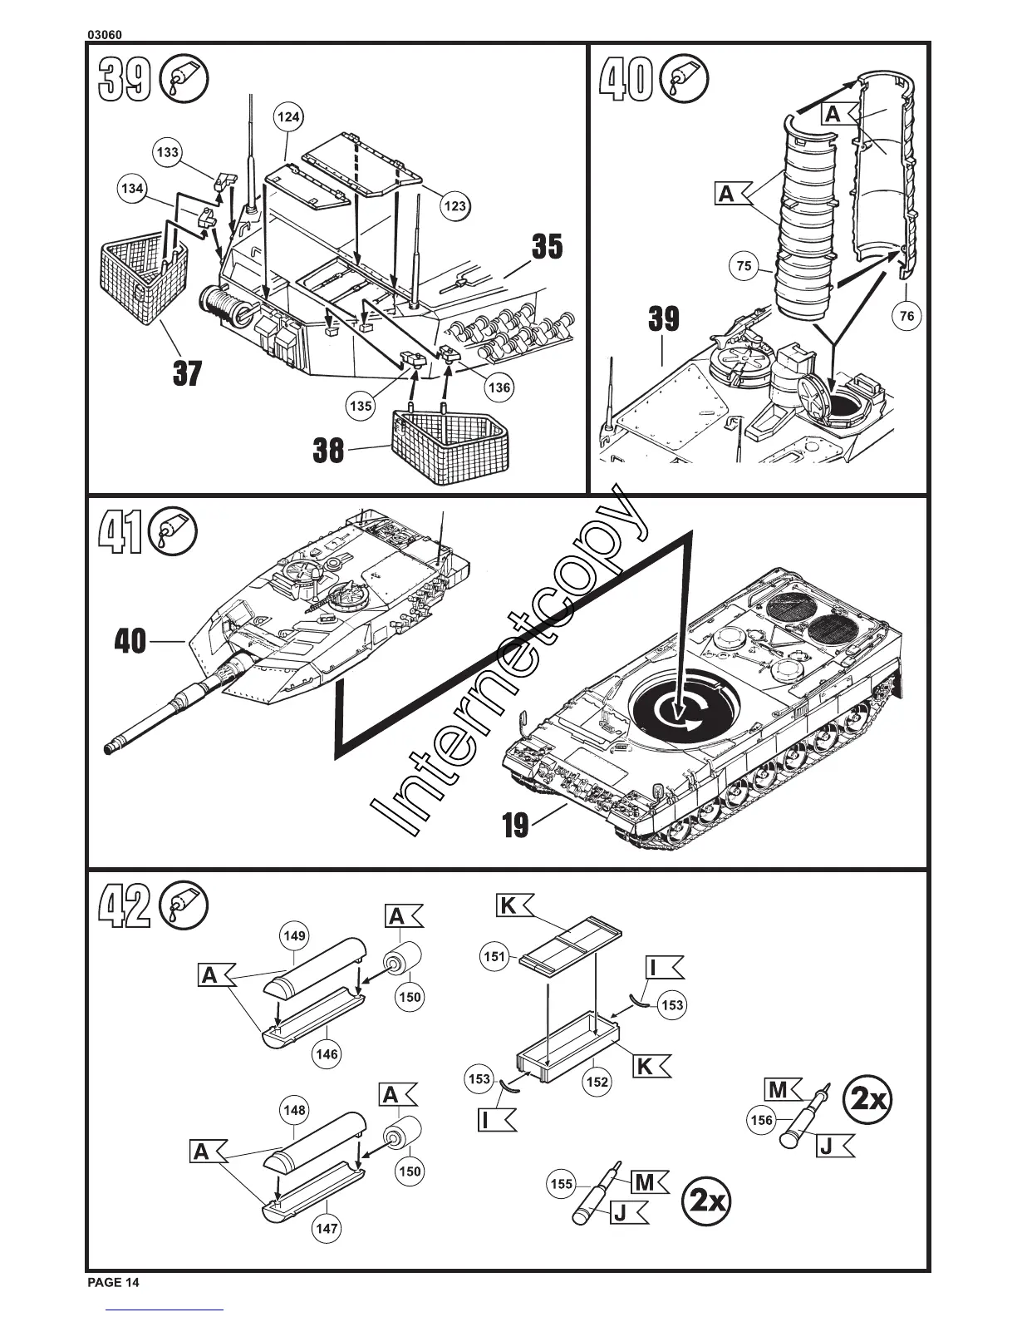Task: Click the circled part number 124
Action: pos(287,116)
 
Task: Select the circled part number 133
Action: pos(168,152)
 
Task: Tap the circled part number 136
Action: pos(499,387)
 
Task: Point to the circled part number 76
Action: pos(906,315)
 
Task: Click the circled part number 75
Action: pos(744,266)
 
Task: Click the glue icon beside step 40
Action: pos(683,80)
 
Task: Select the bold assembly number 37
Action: pos(187,372)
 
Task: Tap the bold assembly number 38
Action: pos(329,451)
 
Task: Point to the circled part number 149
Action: pos(295,936)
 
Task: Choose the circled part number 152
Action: pos(597,1082)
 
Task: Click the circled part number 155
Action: pos(562,1183)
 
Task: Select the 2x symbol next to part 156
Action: pos(867,1100)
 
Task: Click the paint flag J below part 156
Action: pos(830,1146)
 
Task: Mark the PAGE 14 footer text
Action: pos(114,1282)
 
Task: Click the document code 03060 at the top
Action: pos(105,35)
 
